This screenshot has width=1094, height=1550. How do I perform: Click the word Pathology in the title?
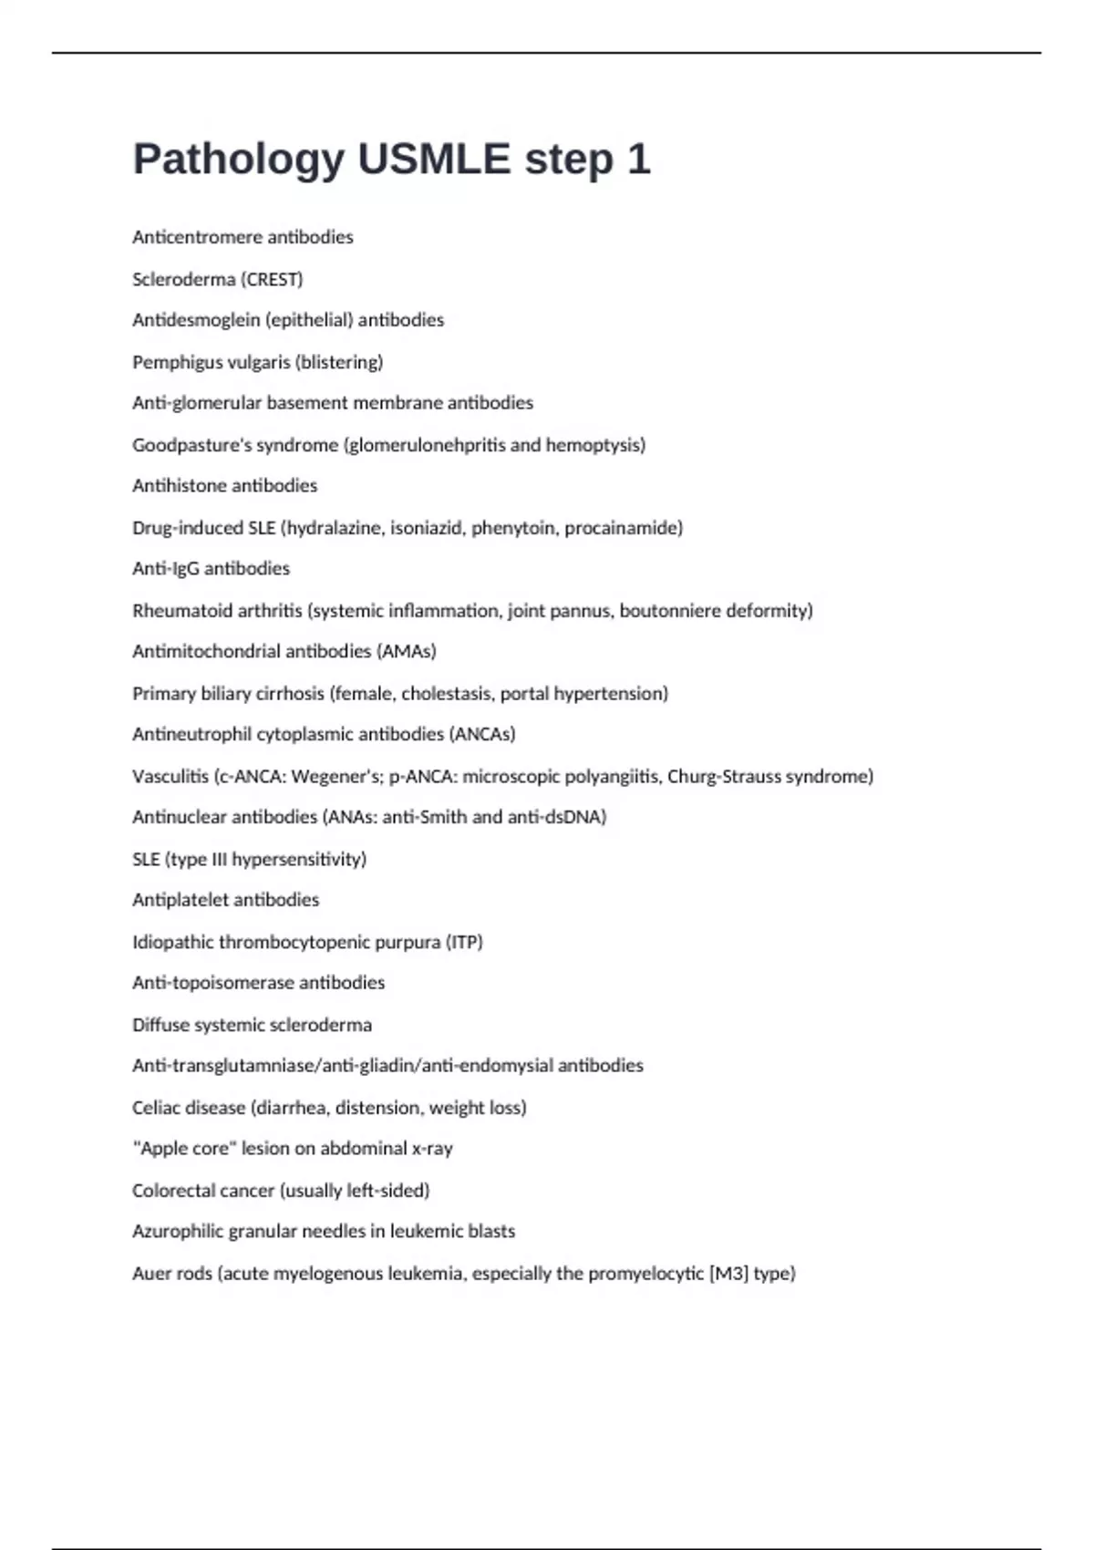(x=239, y=160)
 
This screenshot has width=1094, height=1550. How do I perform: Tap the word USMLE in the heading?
(x=434, y=160)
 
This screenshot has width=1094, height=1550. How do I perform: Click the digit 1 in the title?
(x=638, y=160)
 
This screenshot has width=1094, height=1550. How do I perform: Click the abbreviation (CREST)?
(x=272, y=279)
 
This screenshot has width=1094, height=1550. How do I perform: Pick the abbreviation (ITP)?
(x=464, y=942)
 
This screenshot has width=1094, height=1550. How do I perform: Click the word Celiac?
(x=157, y=1108)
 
